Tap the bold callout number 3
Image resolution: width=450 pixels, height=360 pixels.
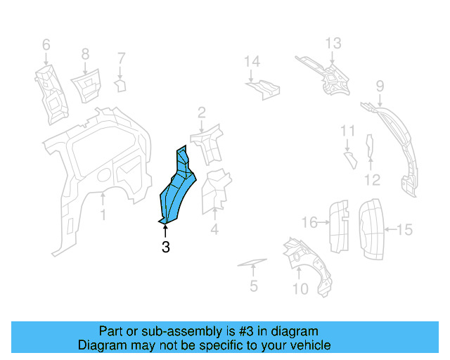tap(166, 247)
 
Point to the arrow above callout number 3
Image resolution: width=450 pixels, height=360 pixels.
tap(165, 231)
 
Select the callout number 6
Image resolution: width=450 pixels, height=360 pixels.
tap(46, 45)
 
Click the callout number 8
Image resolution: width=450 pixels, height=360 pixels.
tap(85, 54)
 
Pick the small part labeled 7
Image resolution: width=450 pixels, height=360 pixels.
tap(120, 86)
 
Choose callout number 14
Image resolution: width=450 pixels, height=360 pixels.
tap(252, 61)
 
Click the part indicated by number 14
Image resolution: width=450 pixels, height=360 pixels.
tap(263, 89)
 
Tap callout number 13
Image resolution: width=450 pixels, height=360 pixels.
tap(333, 44)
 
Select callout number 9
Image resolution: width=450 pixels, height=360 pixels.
tap(380, 86)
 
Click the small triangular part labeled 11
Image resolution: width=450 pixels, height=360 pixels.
tap(351, 160)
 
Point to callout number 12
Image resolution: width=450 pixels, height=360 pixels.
tap(372, 180)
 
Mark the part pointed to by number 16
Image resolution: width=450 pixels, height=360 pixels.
tap(339, 227)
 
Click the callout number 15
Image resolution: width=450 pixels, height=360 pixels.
tap(405, 230)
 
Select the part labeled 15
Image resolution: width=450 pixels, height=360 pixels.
tap(371, 229)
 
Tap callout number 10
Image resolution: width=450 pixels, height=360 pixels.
tap(300, 289)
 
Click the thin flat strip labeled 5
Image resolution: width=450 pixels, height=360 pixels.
tap(252, 262)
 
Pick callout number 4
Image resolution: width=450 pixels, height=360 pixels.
tap(214, 229)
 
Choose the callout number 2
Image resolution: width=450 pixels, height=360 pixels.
tap(202, 112)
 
